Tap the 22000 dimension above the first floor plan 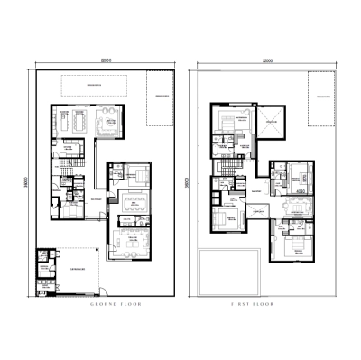click(x=266, y=60)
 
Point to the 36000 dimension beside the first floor click(x=187, y=180)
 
